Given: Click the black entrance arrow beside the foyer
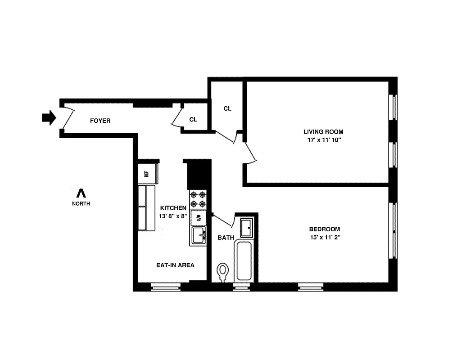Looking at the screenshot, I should pyautogui.click(x=48, y=118).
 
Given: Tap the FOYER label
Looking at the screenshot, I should pyautogui.click(x=100, y=121).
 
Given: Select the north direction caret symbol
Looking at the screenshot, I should pyautogui.click(x=81, y=193).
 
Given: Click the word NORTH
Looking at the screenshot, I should pyautogui.click(x=81, y=203).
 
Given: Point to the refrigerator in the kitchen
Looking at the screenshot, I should pyautogui.click(x=147, y=175).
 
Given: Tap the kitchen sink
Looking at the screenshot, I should pyautogui.click(x=199, y=235).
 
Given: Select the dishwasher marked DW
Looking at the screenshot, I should pyautogui.click(x=198, y=218).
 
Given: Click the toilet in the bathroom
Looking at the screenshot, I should pyautogui.click(x=222, y=272).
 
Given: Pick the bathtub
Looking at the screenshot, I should pyautogui.click(x=244, y=261).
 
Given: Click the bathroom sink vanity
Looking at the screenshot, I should pyautogui.click(x=247, y=227).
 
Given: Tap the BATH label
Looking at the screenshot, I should pyautogui.click(x=226, y=238).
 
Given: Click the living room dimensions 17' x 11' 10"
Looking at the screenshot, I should pyautogui.click(x=323, y=140).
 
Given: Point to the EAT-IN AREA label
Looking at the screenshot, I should pyautogui.click(x=175, y=265).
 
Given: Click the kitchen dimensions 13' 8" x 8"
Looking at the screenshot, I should pyautogui.click(x=173, y=216).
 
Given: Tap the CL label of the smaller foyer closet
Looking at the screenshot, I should pyautogui.click(x=193, y=120).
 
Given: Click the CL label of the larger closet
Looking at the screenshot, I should pyautogui.click(x=227, y=108).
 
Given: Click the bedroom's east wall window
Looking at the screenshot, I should pyautogui.click(x=394, y=230).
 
